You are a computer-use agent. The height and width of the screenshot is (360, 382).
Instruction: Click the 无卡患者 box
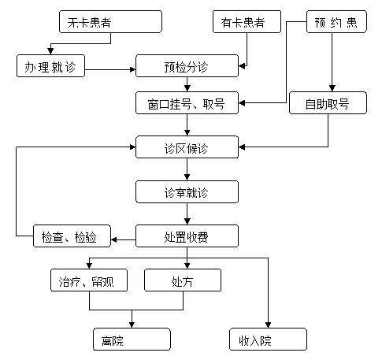[x=110, y=22]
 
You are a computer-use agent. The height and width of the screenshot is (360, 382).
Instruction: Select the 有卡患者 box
[x=247, y=22]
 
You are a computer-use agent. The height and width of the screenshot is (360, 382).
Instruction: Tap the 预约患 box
[x=336, y=22]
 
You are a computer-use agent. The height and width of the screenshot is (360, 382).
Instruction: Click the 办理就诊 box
[x=50, y=66]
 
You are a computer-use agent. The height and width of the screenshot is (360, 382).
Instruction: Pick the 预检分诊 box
[x=187, y=66]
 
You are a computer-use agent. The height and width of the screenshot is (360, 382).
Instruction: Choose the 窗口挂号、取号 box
[x=187, y=103]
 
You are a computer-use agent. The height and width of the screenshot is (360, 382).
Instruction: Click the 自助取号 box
[x=328, y=103]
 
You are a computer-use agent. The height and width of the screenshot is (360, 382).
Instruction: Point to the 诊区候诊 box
[x=187, y=147]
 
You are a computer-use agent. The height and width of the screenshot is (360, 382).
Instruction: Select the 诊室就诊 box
[x=187, y=191]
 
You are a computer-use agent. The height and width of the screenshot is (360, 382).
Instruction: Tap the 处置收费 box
[x=187, y=236]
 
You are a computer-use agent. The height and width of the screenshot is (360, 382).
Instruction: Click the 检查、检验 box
[x=72, y=236]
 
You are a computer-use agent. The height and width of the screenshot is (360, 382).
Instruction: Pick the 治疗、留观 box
[x=89, y=280]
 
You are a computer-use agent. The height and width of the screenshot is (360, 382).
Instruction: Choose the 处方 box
[x=183, y=280]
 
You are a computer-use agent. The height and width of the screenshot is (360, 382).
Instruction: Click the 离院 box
[x=132, y=339]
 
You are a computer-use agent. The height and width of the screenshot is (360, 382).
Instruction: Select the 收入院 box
[x=268, y=339]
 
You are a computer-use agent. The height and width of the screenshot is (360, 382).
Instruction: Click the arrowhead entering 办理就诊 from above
[x=50, y=51]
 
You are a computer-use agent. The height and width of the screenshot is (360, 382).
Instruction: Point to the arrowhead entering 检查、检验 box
[x=114, y=239]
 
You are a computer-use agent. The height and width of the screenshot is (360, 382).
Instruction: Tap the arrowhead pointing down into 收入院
[x=268, y=325]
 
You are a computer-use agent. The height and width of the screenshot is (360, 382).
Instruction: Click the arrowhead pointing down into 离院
[x=132, y=325]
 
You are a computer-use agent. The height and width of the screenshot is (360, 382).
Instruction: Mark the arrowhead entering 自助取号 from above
[x=332, y=88]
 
